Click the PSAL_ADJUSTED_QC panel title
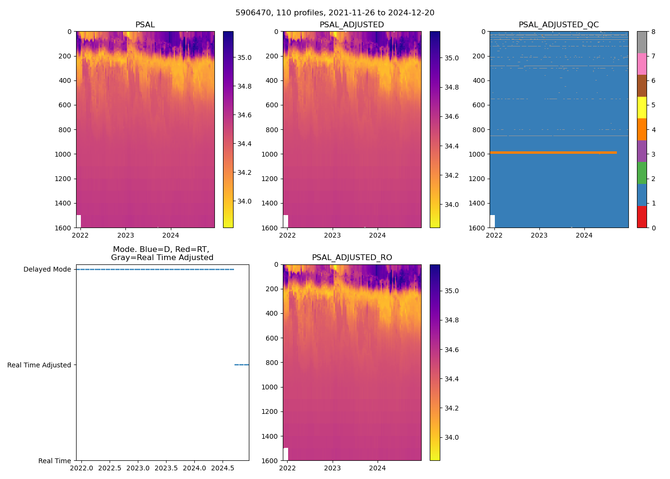(x=558, y=25)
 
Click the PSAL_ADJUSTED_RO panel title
(x=352, y=258)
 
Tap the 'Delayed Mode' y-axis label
(x=47, y=269)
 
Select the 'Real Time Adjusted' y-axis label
(x=39, y=365)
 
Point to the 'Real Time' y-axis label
(x=55, y=461)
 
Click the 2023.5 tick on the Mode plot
(x=166, y=468)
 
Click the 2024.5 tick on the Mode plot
(x=222, y=468)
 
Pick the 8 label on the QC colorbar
(x=653, y=32)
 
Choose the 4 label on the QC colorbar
(x=653, y=130)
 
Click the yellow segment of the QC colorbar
(x=642, y=108)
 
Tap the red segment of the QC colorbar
(x=642, y=217)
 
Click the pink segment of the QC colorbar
(x=642, y=64)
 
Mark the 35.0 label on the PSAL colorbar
(x=245, y=57)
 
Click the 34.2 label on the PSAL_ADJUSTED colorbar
(x=451, y=175)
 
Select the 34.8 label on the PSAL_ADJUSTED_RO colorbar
(x=451, y=320)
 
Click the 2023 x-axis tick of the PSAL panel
(x=126, y=235)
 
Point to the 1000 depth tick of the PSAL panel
(x=63, y=154)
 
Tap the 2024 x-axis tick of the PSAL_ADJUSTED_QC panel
(x=584, y=235)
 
